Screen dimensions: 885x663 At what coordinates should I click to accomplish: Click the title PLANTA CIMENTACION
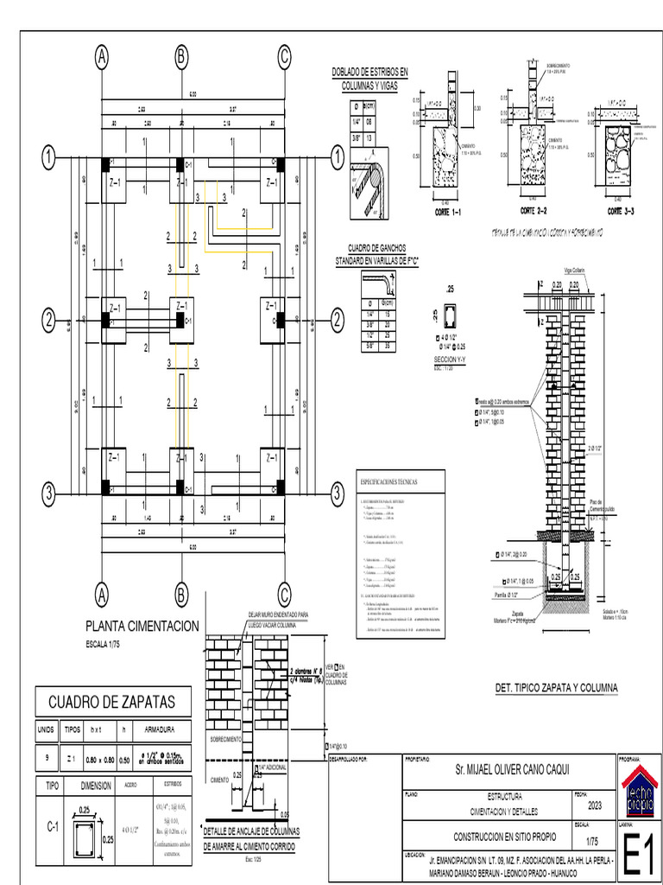click(x=142, y=626)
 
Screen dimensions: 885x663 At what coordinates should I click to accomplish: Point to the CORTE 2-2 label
click(x=534, y=210)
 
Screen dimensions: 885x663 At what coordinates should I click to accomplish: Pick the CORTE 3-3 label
click(x=621, y=210)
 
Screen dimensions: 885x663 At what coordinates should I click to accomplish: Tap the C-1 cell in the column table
click(x=53, y=826)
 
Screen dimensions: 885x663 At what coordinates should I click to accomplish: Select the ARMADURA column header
click(x=161, y=729)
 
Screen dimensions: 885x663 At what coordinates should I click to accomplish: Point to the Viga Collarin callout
click(x=574, y=271)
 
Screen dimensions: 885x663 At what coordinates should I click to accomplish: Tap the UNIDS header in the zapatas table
click(x=46, y=729)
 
